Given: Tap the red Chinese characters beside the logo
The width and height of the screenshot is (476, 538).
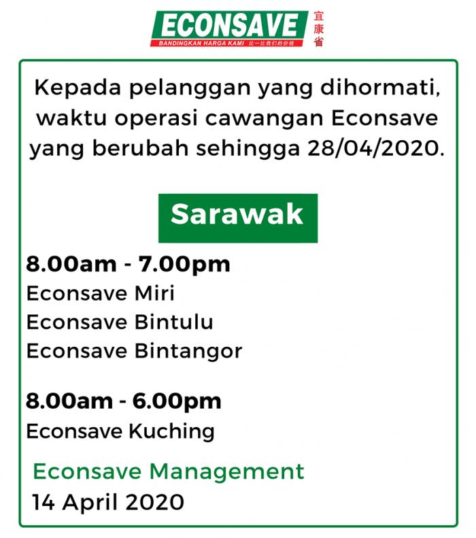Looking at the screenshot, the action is (x=318, y=29).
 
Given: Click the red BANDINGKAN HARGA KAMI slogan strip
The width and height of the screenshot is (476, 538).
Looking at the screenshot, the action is (x=227, y=44).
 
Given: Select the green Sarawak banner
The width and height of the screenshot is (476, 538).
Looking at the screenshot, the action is (x=237, y=218).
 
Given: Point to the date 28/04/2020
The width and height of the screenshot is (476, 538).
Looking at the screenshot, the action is (x=375, y=148).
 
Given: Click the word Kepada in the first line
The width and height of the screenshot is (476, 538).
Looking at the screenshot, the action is (x=78, y=88).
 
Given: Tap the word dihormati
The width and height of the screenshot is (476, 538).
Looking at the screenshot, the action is (x=380, y=88).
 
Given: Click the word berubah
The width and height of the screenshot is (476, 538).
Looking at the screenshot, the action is (x=141, y=148).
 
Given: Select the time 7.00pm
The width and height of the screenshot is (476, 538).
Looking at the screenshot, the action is (x=184, y=265).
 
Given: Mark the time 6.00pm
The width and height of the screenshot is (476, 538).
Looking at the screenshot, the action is (x=177, y=402).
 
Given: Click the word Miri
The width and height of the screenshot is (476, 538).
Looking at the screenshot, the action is (x=154, y=293).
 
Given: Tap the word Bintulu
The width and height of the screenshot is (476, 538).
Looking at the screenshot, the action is (x=174, y=322).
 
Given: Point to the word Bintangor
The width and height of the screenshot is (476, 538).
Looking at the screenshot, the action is (x=188, y=352).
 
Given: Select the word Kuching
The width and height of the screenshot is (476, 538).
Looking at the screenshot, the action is (x=172, y=432).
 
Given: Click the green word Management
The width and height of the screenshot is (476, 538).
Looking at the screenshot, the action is (x=227, y=471).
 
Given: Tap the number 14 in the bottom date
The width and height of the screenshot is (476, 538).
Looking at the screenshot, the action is (x=44, y=503).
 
